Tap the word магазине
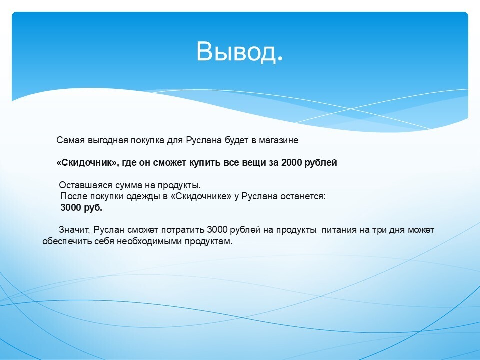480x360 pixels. tap(279, 140)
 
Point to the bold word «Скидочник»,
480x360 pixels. tap(88, 163)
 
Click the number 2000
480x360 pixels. tap(291, 163)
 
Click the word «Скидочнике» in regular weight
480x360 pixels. tap(201, 196)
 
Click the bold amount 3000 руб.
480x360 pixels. tap(81, 208)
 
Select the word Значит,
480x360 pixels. tap(74, 230)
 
